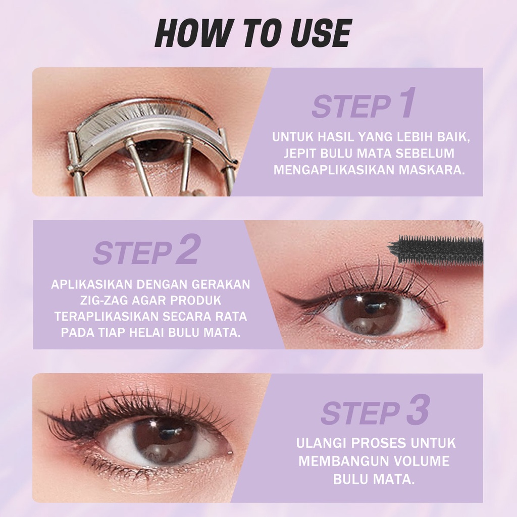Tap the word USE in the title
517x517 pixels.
[x=317, y=33]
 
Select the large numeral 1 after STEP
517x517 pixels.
[x=406, y=103]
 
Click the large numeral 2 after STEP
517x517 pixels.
[x=188, y=249]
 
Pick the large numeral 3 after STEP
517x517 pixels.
[x=418, y=410]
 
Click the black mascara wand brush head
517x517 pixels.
[x=436, y=249]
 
